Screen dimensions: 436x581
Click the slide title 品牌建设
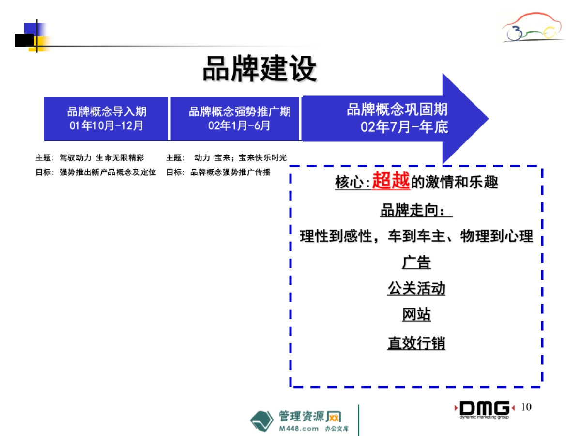(x=260, y=69)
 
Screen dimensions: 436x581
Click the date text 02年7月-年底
(x=404, y=127)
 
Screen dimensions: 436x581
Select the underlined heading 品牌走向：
(x=416, y=211)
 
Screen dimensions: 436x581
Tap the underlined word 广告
(x=416, y=263)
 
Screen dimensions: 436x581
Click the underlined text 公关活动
(x=416, y=289)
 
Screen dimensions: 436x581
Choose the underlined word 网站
(x=416, y=315)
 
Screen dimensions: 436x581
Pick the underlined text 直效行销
(x=416, y=343)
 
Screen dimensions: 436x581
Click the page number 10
(x=526, y=407)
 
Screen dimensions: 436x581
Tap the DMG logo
(x=484, y=408)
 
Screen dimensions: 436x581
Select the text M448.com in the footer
(x=299, y=429)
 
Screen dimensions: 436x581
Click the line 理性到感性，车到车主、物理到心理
(x=416, y=236)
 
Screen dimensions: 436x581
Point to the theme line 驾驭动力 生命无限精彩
(x=101, y=158)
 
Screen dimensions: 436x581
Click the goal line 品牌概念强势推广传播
(x=230, y=172)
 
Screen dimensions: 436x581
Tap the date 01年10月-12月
(x=106, y=125)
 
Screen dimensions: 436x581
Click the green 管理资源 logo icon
(x=262, y=420)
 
